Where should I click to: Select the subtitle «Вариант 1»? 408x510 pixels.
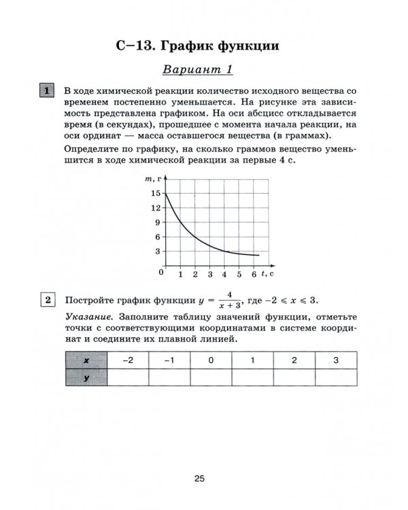[x=199, y=69]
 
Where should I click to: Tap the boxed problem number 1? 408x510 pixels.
[x=48, y=91]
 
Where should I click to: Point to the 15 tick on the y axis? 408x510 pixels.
[x=156, y=194]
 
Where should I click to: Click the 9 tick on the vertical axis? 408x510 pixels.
[x=157, y=222]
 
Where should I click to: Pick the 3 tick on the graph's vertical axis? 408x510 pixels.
[x=157, y=252]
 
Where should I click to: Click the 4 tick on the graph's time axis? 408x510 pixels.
[x=224, y=275]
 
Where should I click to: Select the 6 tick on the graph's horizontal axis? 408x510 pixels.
[x=254, y=275]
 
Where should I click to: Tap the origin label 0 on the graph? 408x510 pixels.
[x=162, y=273]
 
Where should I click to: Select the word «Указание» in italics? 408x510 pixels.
[x=89, y=318]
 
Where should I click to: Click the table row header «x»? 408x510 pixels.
[x=86, y=360]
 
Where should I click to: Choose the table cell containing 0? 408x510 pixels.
[x=211, y=360]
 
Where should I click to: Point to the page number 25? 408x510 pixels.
[x=199, y=479]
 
